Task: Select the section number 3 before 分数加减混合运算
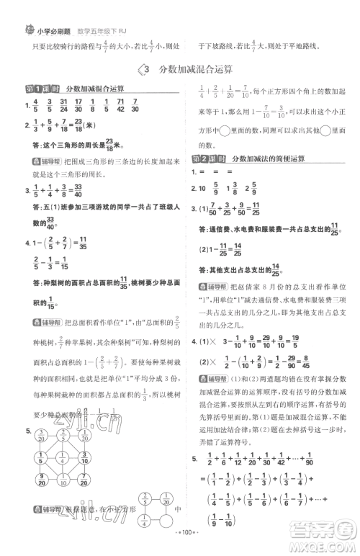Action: [x=146, y=69]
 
